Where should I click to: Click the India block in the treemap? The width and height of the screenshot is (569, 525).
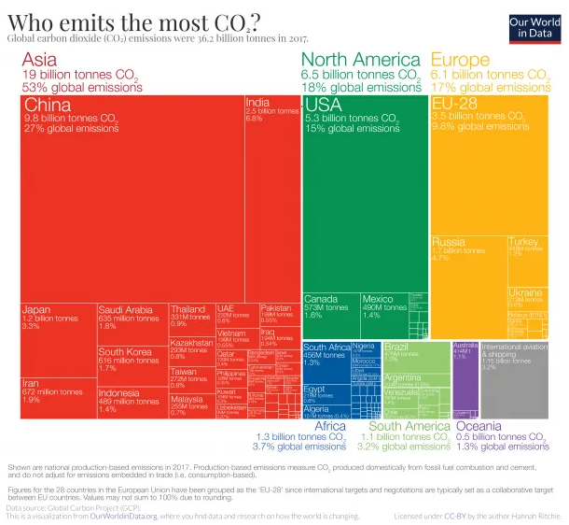(272, 196)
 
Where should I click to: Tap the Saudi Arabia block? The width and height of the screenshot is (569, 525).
(132, 323)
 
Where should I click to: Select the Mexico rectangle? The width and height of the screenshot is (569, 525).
(383, 316)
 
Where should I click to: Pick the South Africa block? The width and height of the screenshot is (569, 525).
(326, 361)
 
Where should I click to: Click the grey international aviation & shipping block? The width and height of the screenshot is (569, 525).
(514, 379)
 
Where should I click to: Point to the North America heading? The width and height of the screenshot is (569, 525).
(358, 59)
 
